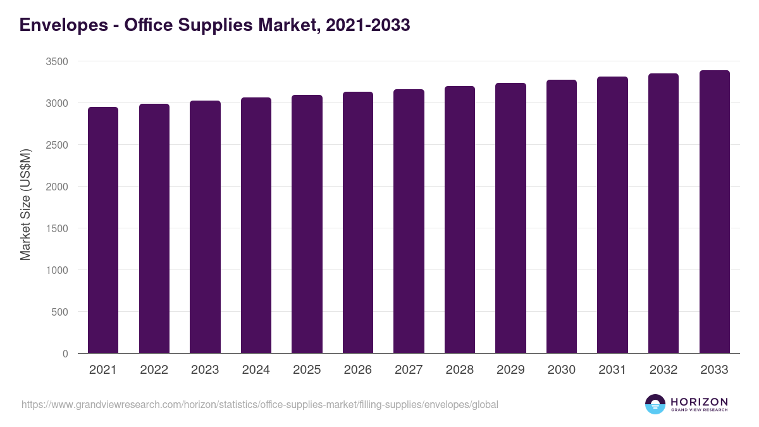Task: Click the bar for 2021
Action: click(x=103, y=230)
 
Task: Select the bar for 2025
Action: click(x=307, y=224)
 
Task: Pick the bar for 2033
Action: click(x=714, y=212)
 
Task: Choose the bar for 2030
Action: click(x=562, y=216)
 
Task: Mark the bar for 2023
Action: click(x=205, y=227)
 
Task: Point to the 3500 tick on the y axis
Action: click(x=57, y=61)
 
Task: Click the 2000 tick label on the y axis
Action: click(x=57, y=187)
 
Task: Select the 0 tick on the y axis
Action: click(x=65, y=354)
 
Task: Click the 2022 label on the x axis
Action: click(x=154, y=370)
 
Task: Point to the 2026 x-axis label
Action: click(x=358, y=370)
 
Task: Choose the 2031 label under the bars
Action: click(x=612, y=370)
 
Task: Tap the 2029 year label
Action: click(x=510, y=370)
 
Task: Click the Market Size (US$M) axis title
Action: click(x=25, y=204)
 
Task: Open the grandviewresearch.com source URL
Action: click(x=259, y=404)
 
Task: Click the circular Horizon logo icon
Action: click(x=655, y=404)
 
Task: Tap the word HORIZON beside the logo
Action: click(x=699, y=401)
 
